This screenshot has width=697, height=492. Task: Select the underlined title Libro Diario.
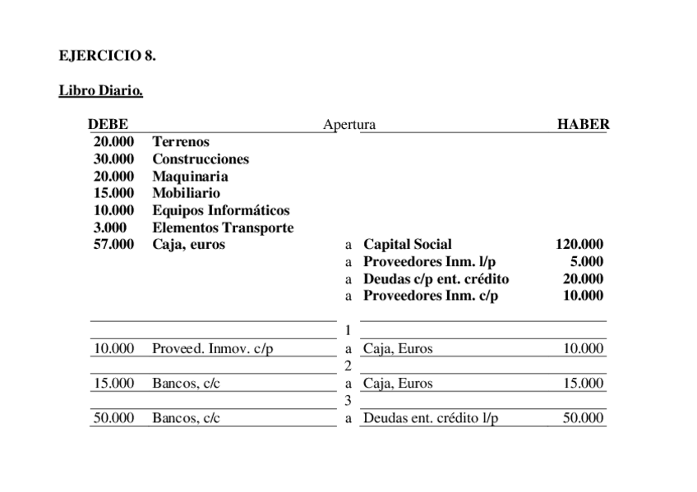point(101,90)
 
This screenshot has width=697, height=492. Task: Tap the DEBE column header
point(108,125)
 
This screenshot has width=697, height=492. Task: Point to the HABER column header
point(583,125)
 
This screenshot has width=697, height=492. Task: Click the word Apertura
point(349,125)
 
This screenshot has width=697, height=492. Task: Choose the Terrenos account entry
point(181,142)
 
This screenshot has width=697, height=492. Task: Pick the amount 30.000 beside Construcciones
point(114,159)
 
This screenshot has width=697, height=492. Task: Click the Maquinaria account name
point(190,177)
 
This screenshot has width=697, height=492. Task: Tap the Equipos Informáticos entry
point(220,211)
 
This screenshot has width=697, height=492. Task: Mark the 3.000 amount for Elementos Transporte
point(110,228)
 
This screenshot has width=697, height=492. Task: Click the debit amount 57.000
point(114,245)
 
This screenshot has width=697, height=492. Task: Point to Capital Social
point(407,245)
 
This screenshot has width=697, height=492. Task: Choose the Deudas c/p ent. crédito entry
point(436,279)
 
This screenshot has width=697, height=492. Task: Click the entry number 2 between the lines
point(348,366)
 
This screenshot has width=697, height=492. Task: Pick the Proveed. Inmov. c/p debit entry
point(212,349)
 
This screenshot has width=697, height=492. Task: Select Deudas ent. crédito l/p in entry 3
point(431,419)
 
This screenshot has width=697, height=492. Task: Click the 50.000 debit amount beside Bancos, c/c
point(114,419)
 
